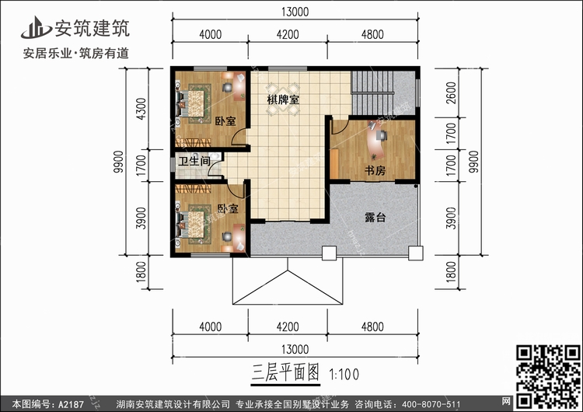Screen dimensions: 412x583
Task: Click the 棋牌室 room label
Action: tap(285, 100)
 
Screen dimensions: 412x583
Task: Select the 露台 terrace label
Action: tap(376, 218)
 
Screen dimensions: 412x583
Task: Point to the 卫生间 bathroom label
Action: tap(194, 162)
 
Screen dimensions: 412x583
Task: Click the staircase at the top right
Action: tap(382, 92)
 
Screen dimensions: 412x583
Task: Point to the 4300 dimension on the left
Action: tap(140, 108)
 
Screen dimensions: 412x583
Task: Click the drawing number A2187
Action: tap(71, 403)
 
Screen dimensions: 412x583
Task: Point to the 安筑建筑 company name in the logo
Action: tap(91, 28)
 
